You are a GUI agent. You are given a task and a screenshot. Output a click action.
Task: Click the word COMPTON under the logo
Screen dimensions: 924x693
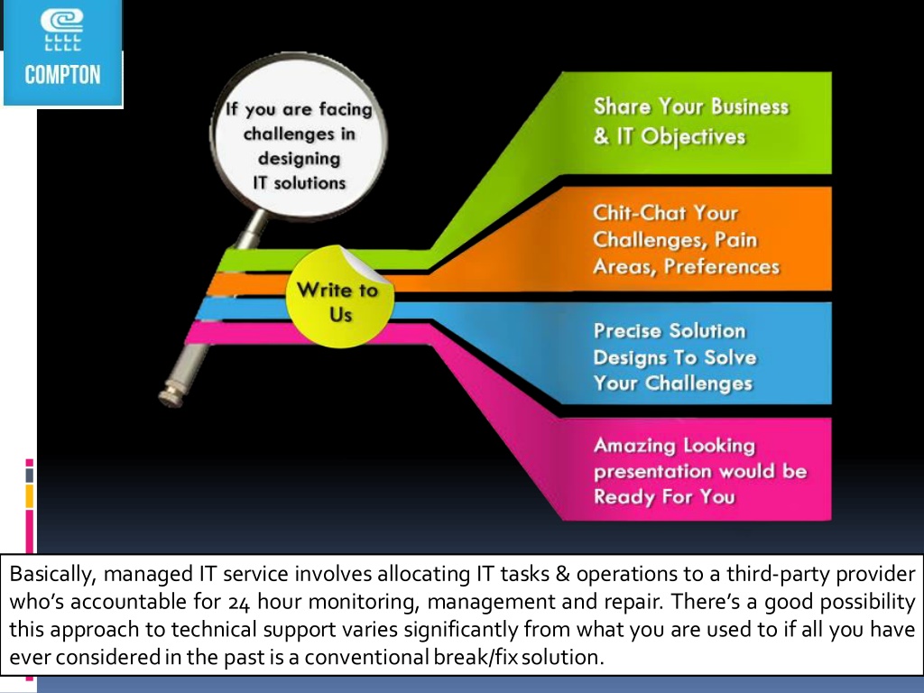pyautogui.click(x=62, y=75)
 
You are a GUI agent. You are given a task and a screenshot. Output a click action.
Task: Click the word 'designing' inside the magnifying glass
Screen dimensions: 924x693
pyautogui.click(x=299, y=159)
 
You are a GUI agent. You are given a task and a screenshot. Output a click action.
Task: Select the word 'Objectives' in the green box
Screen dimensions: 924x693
pyautogui.click(x=693, y=137)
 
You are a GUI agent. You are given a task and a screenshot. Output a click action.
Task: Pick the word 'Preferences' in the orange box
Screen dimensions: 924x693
pyautogui.click(x=721, y=267)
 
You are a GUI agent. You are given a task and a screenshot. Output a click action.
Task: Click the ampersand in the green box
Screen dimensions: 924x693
pyautogui.click(x=601, y=136)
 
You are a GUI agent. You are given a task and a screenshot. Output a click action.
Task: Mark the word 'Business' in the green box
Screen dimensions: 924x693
pyautogui.click(x=750, y=106)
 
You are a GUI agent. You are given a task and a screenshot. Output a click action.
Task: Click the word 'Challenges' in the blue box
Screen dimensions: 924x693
pyautogui.click(x=699, y=383)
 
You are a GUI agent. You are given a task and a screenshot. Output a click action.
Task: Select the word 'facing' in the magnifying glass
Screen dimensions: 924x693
pyautogui.click(x=346, y=109)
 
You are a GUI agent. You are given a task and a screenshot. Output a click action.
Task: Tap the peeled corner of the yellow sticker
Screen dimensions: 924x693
pyautogui.click(x=365, y=265)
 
